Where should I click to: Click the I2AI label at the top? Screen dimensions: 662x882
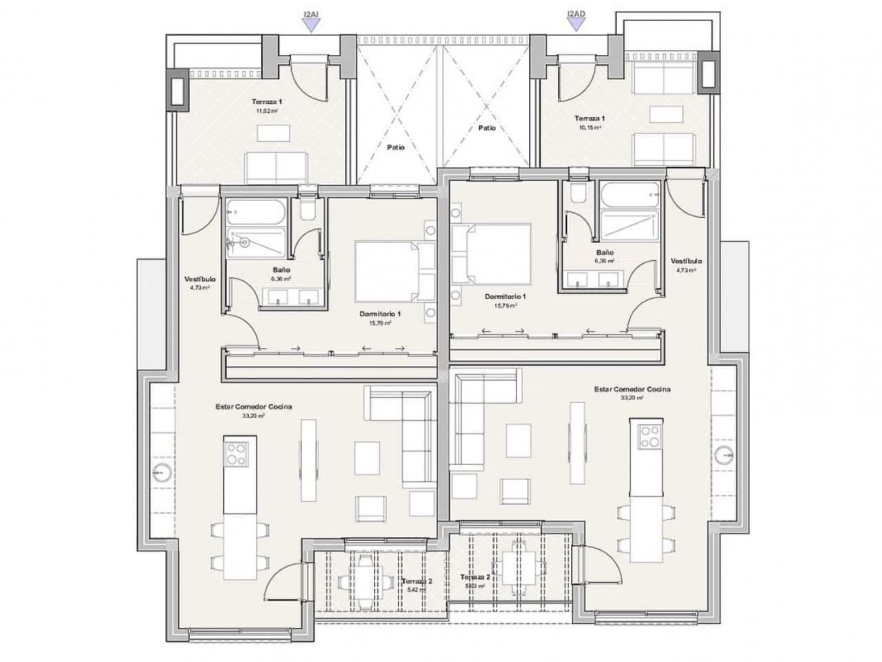pyautogui.click(x=311, y=13)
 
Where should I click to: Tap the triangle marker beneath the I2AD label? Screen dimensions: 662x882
pyautogui.click(x=575, y=25)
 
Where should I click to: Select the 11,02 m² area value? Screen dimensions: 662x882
pyautogui.click(x=267, y=110)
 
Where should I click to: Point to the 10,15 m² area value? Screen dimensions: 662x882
pyautogui.click(x=590, y=128)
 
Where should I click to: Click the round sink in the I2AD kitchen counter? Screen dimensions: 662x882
pyautogui.click(x=724, y=455)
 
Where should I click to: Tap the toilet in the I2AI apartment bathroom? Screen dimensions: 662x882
pyautogui.click(x=307, y=209)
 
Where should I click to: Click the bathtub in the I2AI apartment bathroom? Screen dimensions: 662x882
pyautogui.click(x=255, y=212)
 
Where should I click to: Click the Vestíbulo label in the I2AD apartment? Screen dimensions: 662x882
pyautogui.click(x=686, y=261)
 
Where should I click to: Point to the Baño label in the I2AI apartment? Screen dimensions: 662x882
pyautogui.click(x=280, y=270)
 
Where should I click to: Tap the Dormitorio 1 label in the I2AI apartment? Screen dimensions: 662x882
pyautogui.click(x=380, y=314)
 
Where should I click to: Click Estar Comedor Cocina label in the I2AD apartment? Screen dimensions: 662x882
pyautogui.click(x=632, y=390)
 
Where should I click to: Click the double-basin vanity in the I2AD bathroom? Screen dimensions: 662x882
pyautogui.click(x=597, y=279)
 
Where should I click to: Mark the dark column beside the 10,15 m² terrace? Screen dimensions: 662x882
pyautogui.click(x=708, y=74)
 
